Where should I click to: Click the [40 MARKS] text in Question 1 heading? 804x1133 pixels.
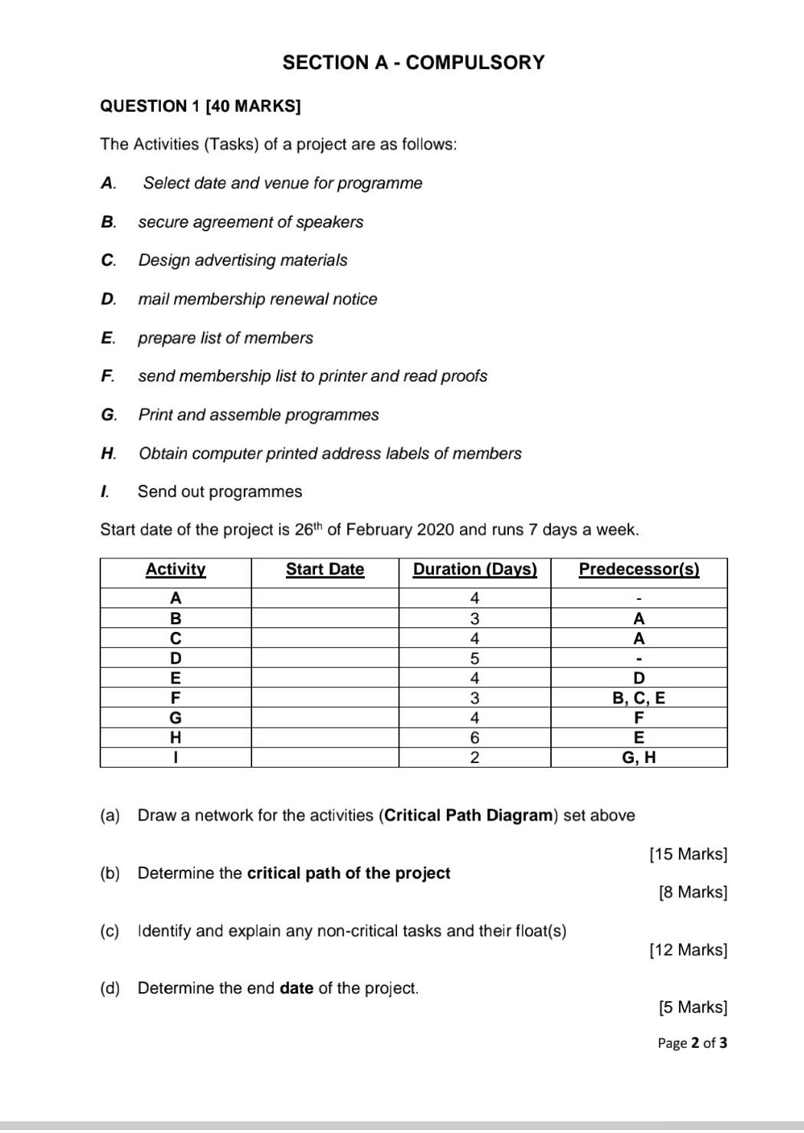254,106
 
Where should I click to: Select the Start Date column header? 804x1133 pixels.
325,569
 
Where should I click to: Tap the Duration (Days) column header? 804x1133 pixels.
474,569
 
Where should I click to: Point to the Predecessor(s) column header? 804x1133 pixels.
638,569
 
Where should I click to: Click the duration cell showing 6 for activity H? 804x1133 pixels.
474,738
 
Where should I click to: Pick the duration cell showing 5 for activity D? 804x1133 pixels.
474,658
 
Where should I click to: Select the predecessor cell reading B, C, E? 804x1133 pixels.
638,698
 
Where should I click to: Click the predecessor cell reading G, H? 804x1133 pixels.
638,758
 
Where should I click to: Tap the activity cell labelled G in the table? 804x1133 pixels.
176,718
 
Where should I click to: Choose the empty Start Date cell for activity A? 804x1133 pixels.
325,598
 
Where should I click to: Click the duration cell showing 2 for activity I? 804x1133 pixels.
474,758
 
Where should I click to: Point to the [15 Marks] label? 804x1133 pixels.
688,853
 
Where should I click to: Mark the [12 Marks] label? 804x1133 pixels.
688,950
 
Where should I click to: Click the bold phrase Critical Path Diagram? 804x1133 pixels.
468,815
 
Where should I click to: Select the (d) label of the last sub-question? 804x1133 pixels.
110,988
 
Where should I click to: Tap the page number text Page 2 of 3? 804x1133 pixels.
692,1043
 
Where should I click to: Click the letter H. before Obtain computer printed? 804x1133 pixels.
108,454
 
